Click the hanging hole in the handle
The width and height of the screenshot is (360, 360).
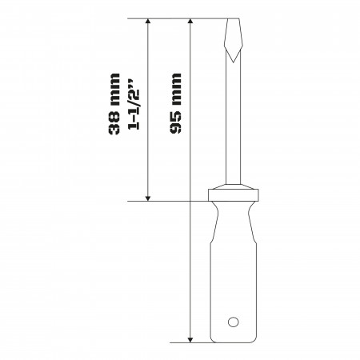tap(233, 322)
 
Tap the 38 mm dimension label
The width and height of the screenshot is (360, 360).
tap(114, 104)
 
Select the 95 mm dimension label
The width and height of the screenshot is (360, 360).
tap(175, 103)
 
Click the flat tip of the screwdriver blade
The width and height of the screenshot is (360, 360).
tap(234, 19)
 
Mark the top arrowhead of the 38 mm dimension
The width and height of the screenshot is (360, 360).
tap(148, 22)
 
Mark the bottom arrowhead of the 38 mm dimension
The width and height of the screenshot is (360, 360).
tap(148, 198)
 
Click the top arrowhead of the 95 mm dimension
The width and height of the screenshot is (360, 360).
tap(190, 22)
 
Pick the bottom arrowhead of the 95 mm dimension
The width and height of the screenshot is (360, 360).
tap(190, 339)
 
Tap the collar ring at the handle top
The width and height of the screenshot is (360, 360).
tap(234, 195)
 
